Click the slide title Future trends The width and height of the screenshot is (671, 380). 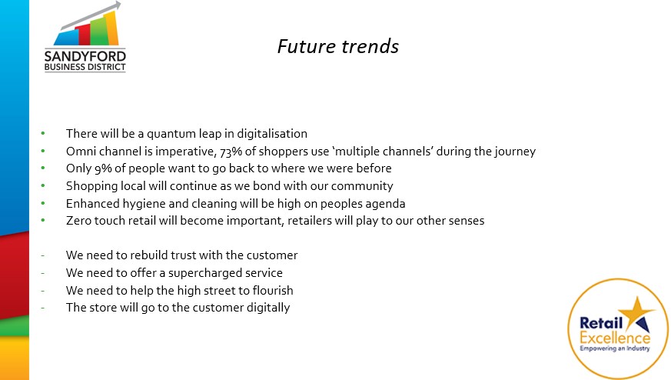point(338,46)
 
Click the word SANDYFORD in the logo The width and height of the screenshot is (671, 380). point(85,57)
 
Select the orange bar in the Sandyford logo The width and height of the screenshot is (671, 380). point(111,28)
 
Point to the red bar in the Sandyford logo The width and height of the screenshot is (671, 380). point(84,35)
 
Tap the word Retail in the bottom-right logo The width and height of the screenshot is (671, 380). point(601,322)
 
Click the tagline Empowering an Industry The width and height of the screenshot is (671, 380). point(615,348)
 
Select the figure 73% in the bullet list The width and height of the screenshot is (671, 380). point(231,152)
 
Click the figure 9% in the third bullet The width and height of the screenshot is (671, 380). point(103,168)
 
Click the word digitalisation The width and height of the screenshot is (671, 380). point(272,134)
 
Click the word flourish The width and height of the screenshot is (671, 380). point(273,291)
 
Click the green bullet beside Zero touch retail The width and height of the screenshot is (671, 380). point(43,220)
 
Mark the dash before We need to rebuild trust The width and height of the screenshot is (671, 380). point(43,255)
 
